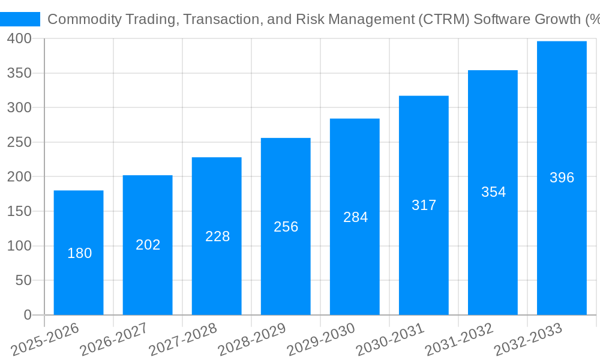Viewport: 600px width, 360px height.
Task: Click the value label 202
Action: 148,245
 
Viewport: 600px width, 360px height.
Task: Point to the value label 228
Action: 217,236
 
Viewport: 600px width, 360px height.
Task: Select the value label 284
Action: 355,217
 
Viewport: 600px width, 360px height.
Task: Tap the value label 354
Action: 493,192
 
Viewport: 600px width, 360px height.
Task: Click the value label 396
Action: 562,178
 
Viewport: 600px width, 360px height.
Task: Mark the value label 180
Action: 79,253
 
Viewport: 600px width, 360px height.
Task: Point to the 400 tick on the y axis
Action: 20,38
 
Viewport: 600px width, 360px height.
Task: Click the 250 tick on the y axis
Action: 20,142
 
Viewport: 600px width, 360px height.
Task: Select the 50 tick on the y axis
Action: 23,280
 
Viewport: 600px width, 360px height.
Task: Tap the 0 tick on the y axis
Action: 28,315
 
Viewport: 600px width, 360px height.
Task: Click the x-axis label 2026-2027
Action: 114,340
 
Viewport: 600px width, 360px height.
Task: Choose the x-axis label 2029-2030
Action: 321,340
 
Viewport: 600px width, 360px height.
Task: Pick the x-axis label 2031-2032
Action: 459,340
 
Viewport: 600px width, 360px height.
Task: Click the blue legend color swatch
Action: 20,19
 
